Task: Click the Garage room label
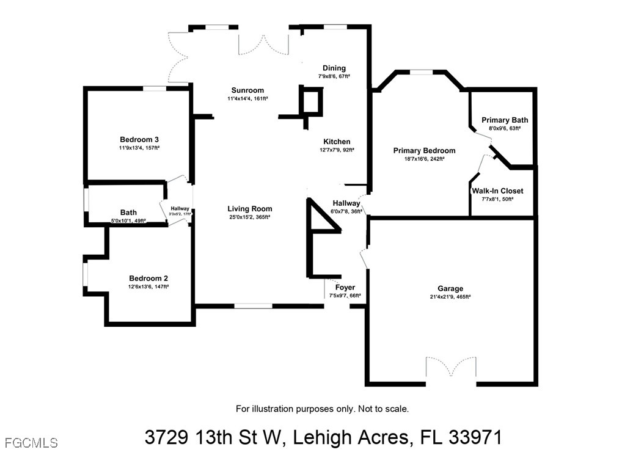(x=450, y=289)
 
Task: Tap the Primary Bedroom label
(x=424, y=151)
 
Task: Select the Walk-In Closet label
(x=497, y=191)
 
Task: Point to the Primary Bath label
(x=505, y=120)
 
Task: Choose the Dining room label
(x=334, y=68)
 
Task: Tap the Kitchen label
(x=337, y=142)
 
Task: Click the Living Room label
(x=250, y=209)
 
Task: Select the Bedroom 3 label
(x=139, y=140)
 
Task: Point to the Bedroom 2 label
(x=148, y=278)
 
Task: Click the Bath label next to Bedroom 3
(x=128, y=213)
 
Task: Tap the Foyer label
(x=345, y=288)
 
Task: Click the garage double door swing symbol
(x=451, y=366)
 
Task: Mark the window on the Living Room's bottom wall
(x=254, y=306)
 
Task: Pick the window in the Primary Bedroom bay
(x=422, y=72)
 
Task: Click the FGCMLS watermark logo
(x=31, y=443)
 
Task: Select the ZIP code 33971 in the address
(x=475, y=437)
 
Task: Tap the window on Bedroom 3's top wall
(x=155, y=89)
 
